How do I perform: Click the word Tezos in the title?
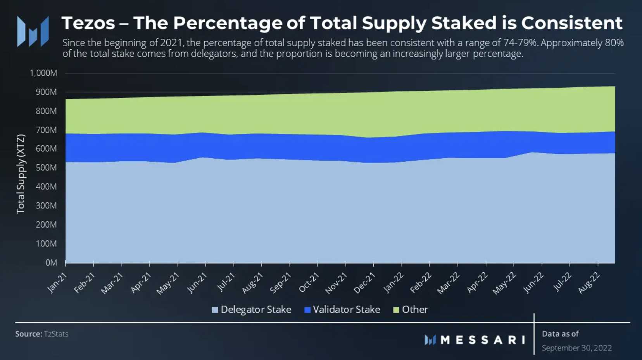(x=88, y=23)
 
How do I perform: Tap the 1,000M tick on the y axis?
(x=43, y=73)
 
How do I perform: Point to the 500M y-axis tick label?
(x=46, y=168)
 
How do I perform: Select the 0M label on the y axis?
(x=51, y=263)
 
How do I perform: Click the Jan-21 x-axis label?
(x=57, y=282)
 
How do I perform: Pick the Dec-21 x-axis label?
(x=364, y=282)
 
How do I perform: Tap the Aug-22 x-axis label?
(x=589, y=283)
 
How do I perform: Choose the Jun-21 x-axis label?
(x=197, y=283)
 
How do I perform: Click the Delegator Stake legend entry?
(x=256, y=310)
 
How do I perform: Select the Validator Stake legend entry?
(x=346, y=310)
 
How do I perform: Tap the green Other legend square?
(x=396, y=310)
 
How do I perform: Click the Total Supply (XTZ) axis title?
(x=21, y=174)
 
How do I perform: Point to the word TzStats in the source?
(x=56, y=334)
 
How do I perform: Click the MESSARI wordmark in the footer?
(x=483, y=340)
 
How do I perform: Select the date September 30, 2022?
(x=576, y=348)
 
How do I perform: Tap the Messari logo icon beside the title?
(x=33, y=31)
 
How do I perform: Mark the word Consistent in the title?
(x=572, y=23)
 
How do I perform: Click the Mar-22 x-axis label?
(x=449, y=283)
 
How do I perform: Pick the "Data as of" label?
(x=560, y=334)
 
